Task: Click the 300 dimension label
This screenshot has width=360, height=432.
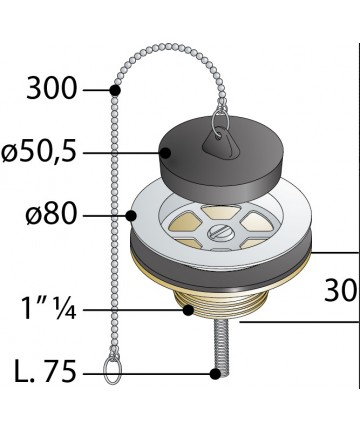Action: click(52, 89)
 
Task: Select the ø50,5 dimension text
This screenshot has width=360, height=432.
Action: click(38, 152)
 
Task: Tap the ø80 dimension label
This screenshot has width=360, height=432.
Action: click(51, 214)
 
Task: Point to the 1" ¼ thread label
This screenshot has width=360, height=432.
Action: click(49, 309)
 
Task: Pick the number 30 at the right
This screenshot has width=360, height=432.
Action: click(340, 291)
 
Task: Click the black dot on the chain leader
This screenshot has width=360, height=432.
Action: click(115, 90)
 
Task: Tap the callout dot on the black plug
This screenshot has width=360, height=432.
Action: click(165, 153)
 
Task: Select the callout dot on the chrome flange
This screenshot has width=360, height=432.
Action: click(131, 216)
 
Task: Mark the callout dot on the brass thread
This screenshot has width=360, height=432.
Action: click(189, 310)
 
